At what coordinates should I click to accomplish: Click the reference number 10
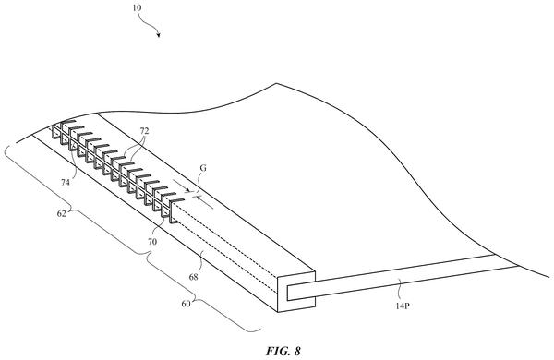[137, 7]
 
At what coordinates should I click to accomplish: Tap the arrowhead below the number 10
[159, 35]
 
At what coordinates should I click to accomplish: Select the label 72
[144, 131]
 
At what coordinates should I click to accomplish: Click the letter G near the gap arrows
[203, 168]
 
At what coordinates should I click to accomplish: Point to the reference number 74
[66, 182]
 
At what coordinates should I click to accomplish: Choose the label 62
[62, 213]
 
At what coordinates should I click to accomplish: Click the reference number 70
[152, 242]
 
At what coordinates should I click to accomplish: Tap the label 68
[193, 277]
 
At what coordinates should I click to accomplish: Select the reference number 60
[187, 304]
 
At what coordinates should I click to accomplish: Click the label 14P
[403, 306]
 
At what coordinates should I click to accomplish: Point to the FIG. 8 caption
[283, 351]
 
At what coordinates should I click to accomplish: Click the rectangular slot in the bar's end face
[301, 291]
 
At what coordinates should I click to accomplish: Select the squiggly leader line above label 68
[200, 261]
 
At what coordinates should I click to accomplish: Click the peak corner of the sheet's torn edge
[276, 83]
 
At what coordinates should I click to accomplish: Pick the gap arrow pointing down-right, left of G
[181, 186]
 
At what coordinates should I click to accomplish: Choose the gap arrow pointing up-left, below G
[205, 202]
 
